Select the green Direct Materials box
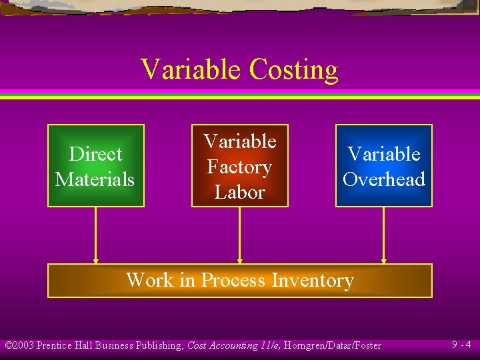tap(95, 166)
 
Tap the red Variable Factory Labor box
tap(240, 166)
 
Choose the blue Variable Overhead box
tap(384, 166)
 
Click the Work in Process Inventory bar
tap(240, 281)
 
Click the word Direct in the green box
tap(95, 154)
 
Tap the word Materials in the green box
tap(95, 179)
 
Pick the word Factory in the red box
tap(239, 167)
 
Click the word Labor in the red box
tap(239, 192)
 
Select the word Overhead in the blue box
tap(384, 179)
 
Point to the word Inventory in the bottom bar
tap(312, 280)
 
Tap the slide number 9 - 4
tap(461, 345)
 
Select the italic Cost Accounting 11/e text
tap(230, 345)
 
